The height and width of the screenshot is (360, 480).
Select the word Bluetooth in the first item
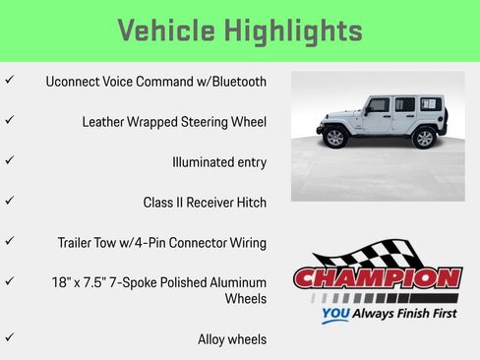(x=233, y=82)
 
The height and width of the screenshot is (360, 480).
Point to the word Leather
(x=108, y=122)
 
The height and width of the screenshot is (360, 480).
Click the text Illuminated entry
(x=218, y=162)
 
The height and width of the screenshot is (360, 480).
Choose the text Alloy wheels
(x=232, y=339)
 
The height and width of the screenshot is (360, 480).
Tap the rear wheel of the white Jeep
(x=424, y=139)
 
